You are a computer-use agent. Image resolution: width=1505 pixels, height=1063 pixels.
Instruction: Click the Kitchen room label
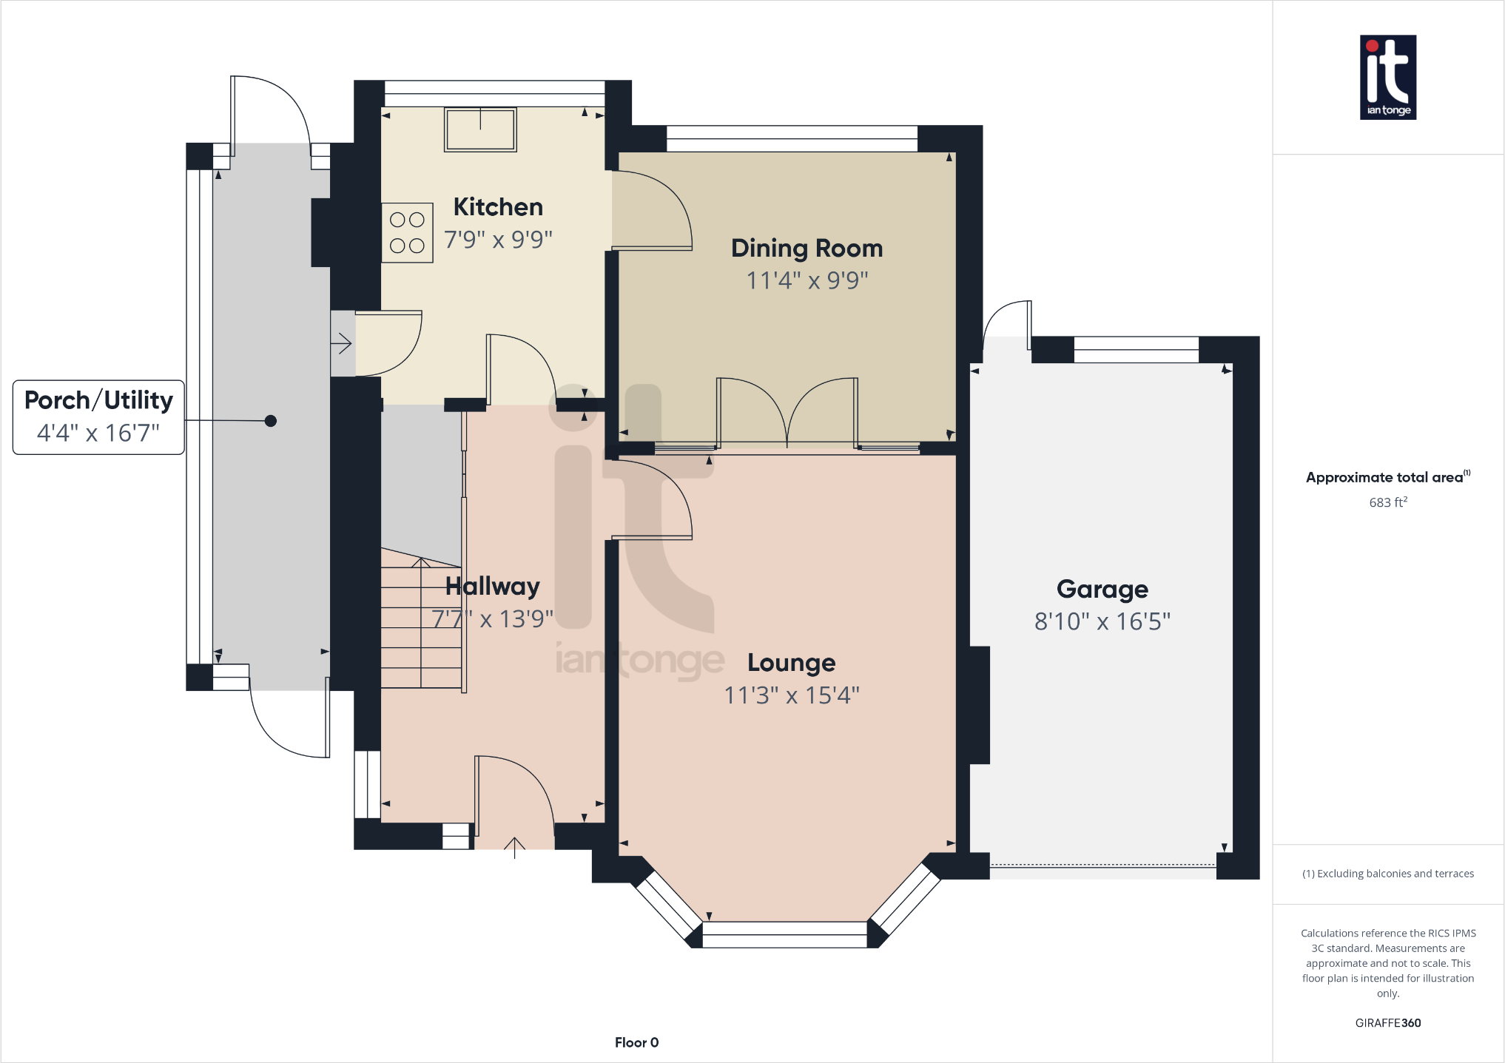pos(498,207)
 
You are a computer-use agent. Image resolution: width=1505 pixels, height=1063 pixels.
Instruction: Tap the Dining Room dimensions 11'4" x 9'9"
pos(807,280)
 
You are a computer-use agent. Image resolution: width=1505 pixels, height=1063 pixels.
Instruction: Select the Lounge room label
pos(791,663)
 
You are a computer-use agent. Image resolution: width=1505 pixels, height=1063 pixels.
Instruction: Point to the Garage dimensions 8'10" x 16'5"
pos(1102,621)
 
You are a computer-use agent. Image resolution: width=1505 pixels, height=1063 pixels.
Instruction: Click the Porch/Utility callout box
pos(98,416)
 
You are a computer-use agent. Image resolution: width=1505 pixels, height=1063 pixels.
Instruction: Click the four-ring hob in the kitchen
pos(407,232)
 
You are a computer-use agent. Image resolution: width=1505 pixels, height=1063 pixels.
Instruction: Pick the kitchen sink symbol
pos(480,129)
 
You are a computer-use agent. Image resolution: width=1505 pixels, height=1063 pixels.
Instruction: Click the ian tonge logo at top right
pos(1387,77)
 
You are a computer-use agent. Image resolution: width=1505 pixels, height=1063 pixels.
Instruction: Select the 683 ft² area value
pos(1387,502)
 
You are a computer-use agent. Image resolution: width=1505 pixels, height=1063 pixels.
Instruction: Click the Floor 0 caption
pos(636,1042)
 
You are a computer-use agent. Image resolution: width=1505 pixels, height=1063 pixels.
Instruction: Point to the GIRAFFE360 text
pos(1387,1023)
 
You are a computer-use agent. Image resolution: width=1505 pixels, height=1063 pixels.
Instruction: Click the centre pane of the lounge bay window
pos(784,934)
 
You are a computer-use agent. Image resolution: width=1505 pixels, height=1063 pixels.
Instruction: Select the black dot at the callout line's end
pos(271,421)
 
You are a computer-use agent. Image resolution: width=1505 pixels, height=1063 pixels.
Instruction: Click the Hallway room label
pos(492,587)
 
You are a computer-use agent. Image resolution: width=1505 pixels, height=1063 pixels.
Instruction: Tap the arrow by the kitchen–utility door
pos(342,344)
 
